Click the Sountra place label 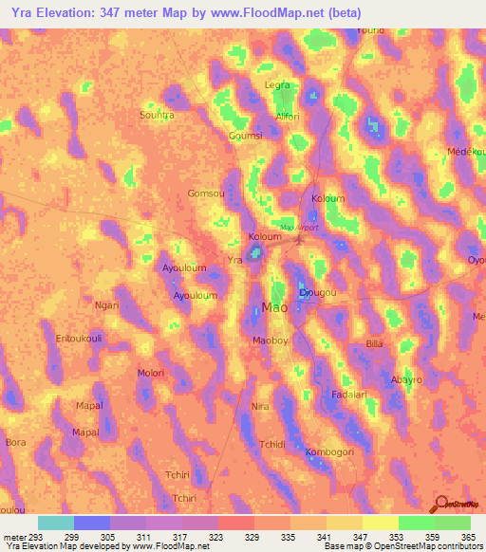click(x=157, y=115)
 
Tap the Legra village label click(x=277, y=85)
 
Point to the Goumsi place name click(x=245, y=136)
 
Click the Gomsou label click(x=206, y=193)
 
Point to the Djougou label click(x=318, y=293)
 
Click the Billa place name click(x=374, y=343)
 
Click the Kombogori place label click(x=329, y=452)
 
